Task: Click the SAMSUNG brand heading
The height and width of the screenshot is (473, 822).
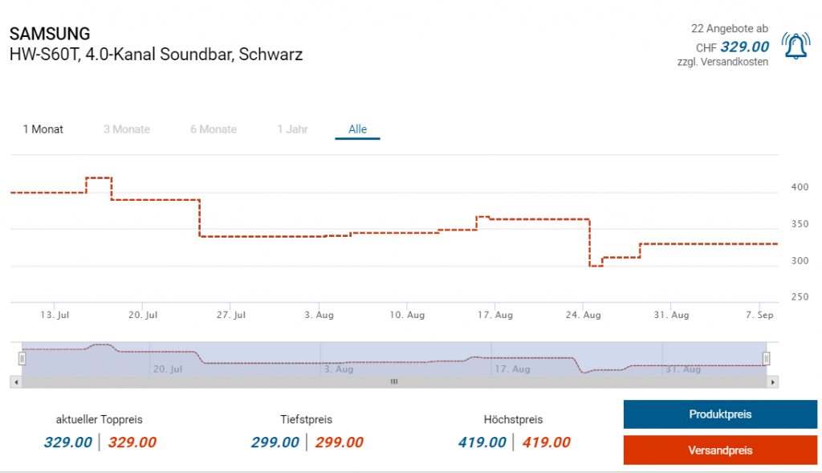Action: coord(50,34)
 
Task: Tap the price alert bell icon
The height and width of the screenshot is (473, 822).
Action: coord(796,47)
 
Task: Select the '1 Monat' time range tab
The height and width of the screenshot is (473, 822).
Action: coord(43,129)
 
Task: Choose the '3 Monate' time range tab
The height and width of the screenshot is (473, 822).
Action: coord(127,129)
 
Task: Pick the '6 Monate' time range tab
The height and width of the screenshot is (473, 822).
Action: coord(214,129)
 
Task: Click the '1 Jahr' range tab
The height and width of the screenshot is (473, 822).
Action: coord(292,129)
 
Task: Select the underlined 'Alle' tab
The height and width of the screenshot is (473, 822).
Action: coord(357,129)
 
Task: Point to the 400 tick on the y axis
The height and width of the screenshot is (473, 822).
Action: coord(800,187)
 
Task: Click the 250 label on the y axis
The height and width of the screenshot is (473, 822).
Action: coord(800,298)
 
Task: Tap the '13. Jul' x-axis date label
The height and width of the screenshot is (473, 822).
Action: coord(54,316)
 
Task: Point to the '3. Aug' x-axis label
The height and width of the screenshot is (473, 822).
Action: coord(319,316)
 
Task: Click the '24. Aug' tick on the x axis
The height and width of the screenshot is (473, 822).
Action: coord(584,316)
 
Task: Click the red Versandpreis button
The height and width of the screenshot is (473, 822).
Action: coord(720,451)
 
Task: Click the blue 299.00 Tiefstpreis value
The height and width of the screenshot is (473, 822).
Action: coord(275,442)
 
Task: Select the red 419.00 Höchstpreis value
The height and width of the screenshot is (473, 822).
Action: coord(546,442)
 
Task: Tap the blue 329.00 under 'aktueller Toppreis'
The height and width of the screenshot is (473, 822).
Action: coord(68,442)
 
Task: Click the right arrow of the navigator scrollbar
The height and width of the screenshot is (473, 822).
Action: coord(773,382)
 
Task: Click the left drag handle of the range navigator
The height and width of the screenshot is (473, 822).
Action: coord(22,359)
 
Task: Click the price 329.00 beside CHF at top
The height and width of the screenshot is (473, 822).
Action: coord(744,47)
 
